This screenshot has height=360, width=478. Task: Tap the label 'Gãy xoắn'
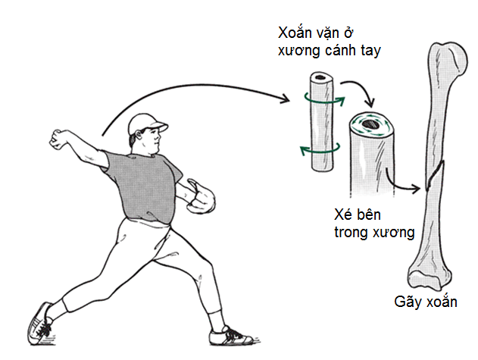(425, 302)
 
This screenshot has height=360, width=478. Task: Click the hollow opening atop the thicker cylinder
(371, 124)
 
